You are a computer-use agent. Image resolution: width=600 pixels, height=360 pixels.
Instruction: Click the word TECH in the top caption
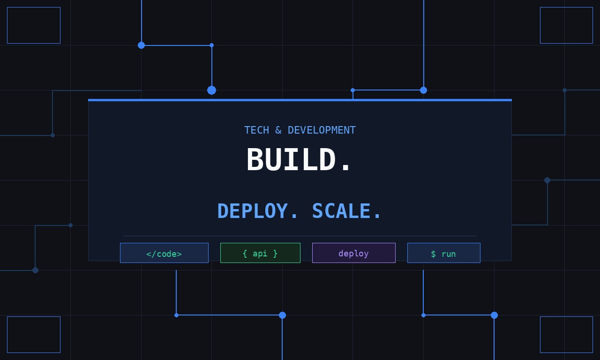pos(256,130)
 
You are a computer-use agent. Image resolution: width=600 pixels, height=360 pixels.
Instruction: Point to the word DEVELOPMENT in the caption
pos(322,130)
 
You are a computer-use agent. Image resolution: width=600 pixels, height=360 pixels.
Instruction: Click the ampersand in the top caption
pos(278,130)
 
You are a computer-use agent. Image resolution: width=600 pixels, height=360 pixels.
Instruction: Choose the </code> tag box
pos(164,253)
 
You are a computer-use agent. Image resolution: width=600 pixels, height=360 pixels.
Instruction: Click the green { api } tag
pos(260,253)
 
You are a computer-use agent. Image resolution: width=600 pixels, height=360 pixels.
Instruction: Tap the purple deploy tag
pos(354,253)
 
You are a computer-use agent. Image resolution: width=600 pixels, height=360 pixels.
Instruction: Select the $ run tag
pos(444,253)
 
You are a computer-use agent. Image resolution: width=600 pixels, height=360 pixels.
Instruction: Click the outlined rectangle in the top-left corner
pos(34,25)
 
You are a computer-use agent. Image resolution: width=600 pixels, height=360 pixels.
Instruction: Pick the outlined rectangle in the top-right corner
pos(566,25)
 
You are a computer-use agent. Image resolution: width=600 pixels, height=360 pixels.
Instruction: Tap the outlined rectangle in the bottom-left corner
pos(34,335)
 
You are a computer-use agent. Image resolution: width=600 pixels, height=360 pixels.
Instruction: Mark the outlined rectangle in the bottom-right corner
pos(566,335)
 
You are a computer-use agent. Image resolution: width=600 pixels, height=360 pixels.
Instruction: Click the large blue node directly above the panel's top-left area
pos(211,90)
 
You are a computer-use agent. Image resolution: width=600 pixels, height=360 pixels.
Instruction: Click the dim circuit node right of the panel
pos(547,180)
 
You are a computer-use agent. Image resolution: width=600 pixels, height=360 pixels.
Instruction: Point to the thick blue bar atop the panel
pos(300,100)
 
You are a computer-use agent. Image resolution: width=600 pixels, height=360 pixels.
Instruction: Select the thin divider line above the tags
pos(300,236)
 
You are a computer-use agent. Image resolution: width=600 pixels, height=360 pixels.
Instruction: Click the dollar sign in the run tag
pos(434,254)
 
